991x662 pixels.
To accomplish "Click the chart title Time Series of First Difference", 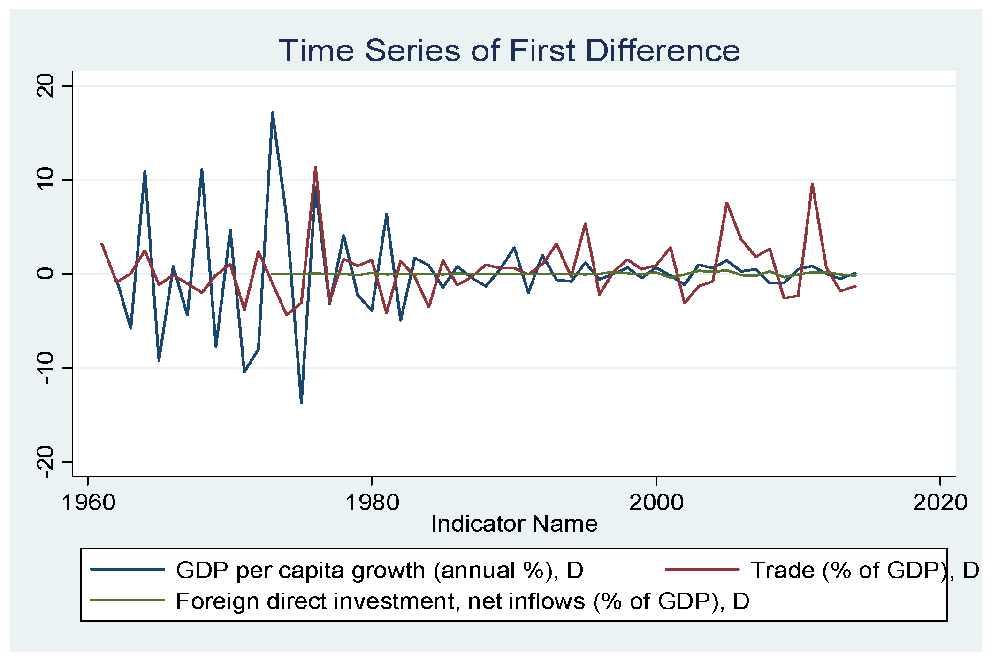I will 509,51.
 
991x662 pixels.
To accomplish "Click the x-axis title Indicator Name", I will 514,524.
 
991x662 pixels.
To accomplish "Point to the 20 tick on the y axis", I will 46,86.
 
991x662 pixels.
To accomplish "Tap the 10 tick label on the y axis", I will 46,180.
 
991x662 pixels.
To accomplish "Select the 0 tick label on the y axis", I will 46,274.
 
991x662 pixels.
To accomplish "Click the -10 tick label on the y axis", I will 46,367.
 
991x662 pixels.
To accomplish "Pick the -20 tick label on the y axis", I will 46,461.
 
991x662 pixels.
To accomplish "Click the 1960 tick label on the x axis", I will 88,502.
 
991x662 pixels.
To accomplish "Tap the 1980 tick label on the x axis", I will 372,502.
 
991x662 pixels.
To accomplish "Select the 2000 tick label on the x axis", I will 656,502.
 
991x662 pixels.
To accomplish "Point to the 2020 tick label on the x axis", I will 939,502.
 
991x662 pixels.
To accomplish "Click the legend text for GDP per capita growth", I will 379,570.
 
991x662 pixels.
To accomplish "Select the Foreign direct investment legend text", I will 462,601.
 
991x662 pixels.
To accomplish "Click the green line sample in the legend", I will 128,601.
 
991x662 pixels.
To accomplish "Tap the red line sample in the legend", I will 702,570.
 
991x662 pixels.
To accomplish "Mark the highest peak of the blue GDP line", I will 272,113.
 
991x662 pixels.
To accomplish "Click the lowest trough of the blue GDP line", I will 301,403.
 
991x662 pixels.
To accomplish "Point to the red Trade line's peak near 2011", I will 812,184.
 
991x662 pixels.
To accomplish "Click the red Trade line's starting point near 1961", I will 102,244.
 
